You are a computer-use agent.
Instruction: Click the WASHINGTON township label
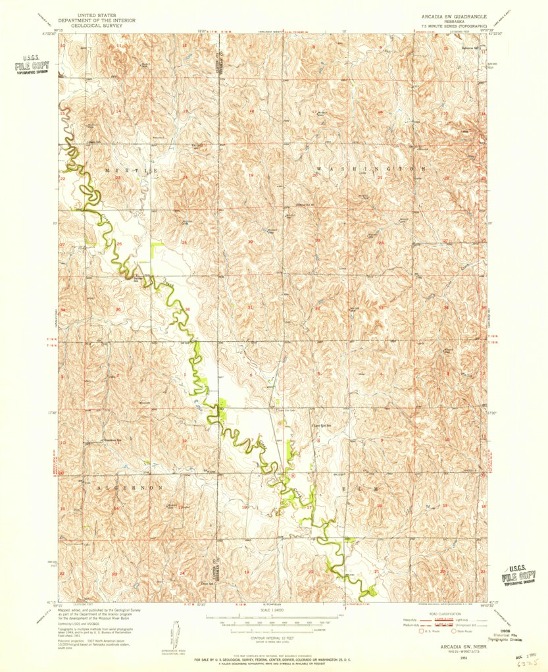tap(368, 169)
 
